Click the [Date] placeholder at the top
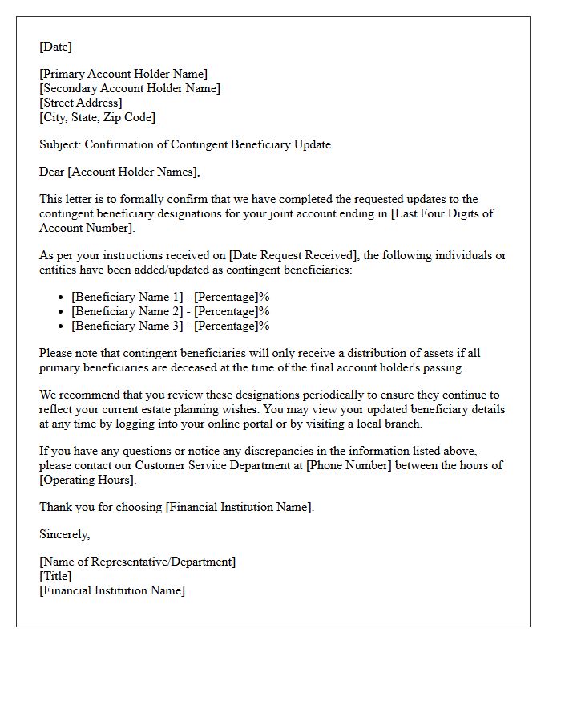(55, 47)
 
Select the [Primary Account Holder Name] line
(123, 75)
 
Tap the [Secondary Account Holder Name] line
(130, 89)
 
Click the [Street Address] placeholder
(81, 103)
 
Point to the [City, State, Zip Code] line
(97, 118)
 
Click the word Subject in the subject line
(59, 145)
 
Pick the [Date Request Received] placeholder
(294, 256)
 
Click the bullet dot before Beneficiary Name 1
(61, 298)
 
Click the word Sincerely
(65, 535)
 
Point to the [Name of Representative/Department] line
(138, 562)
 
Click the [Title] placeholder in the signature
(55, 577)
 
